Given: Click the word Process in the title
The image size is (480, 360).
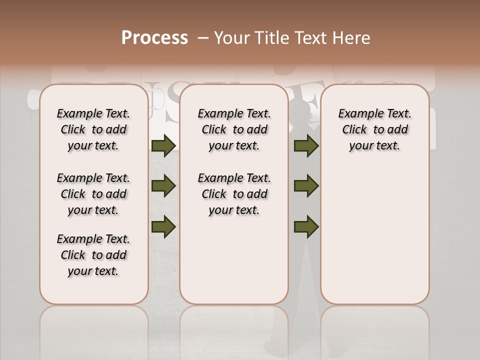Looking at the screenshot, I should (154, 38).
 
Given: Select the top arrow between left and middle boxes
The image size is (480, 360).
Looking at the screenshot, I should (163, 145).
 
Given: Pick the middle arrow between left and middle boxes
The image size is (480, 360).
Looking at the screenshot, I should (163, 186).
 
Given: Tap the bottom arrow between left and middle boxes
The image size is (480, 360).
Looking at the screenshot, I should (163, 227).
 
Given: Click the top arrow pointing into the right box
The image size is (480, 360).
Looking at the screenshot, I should (306, 145).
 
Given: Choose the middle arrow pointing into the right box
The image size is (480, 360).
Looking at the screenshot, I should (306, 186).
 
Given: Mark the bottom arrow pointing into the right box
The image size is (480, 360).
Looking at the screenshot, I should (306, 227).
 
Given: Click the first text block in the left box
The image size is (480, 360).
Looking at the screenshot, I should (93, 129).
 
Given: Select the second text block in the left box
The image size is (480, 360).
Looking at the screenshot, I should (93, 194).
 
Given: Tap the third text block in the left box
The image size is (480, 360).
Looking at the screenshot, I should (93, 255).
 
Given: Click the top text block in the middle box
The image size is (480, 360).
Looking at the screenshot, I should (234, 129).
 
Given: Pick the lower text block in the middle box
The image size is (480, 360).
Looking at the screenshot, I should (234, 194).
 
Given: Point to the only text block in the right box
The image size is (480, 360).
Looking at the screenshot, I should (374, 129).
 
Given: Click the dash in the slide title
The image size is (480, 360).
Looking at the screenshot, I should (203, 38).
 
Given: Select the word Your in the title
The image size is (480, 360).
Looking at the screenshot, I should (232, 38).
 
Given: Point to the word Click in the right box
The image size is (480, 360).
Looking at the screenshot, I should (354, 129).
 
